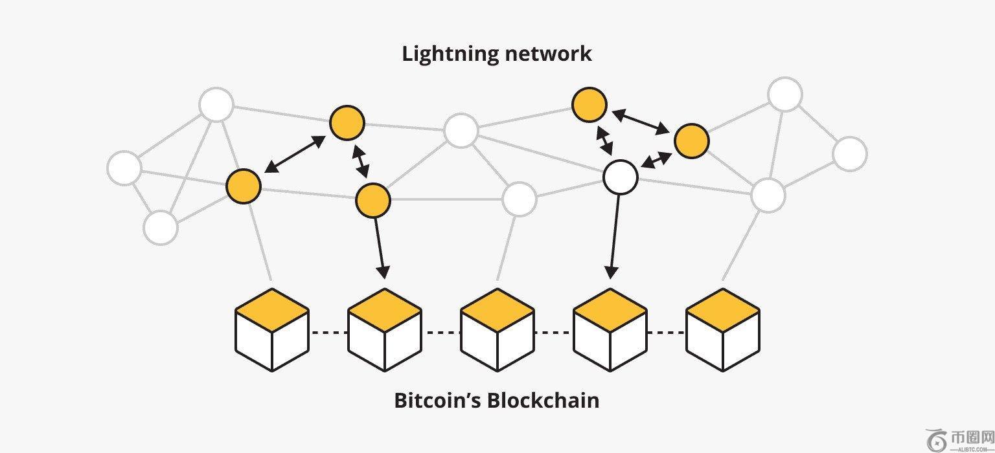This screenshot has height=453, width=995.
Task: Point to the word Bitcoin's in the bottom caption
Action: (437, 401)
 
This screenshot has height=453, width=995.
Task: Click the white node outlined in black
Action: (620, 177)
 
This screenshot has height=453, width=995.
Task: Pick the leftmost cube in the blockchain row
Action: (271, 330)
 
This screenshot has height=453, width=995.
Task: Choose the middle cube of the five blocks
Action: (497, 330)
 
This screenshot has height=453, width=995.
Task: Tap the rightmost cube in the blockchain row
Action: (722, 330)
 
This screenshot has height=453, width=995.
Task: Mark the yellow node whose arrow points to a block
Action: (373, 200)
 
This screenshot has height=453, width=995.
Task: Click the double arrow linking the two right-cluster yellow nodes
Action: (641, 122)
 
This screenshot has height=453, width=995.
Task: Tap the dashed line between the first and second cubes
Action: (328, 333)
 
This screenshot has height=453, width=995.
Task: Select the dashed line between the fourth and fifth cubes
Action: (666, 333)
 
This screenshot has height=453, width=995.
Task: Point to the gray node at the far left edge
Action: (124, 168)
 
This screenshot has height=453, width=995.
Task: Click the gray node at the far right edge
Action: (849, 154)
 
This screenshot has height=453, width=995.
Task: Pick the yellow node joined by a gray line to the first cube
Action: (244, 186)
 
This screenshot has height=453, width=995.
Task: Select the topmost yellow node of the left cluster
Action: (347, 123)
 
